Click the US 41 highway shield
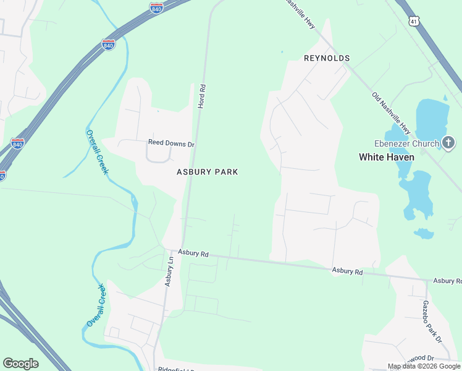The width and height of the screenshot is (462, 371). tap(413, 21)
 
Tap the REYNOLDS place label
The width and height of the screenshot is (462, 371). tap(327, 58)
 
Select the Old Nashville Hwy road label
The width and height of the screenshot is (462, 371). tap(392, 113)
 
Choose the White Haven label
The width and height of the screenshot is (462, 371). tap(387, 157)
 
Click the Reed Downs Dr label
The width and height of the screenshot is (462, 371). tap(171, 143)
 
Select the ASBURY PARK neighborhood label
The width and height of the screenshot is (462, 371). tap(208, 172)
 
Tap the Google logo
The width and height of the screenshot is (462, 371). tap(20, 364)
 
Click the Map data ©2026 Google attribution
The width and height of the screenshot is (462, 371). tap(424, 366)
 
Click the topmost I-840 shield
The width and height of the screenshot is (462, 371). tap(157, 8)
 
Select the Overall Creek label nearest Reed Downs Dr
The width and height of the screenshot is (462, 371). tap(96, 152)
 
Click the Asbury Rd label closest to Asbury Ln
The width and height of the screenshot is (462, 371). tap(194, 253)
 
